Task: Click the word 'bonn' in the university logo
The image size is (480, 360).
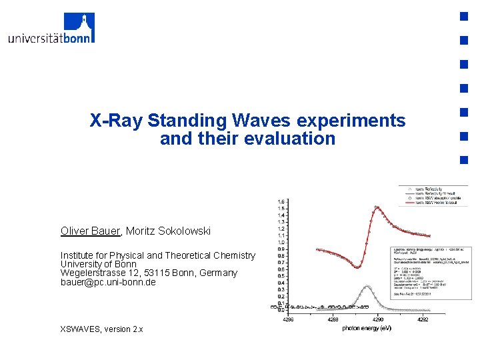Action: coord(79,37)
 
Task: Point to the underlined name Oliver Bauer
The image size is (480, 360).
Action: coord(90,231)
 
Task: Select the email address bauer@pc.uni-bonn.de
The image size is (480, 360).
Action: coord(108,282)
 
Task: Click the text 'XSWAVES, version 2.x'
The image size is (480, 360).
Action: coord(101,329)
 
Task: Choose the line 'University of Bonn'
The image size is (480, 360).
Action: coord(99,264)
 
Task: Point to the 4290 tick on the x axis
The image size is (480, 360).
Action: coord(377,319)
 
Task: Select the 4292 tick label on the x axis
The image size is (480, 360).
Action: coord(422,319)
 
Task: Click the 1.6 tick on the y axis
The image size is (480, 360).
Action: coord(283,201)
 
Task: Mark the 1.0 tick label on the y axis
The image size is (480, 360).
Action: coord(283,243)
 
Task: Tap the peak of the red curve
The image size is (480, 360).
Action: coord(377,207)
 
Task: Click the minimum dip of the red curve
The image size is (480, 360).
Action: coord(359,267)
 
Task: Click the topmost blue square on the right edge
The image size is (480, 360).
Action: coord(462,16)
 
